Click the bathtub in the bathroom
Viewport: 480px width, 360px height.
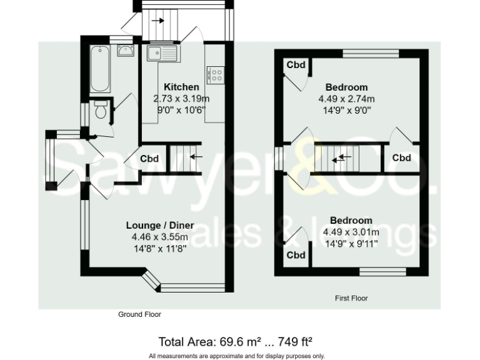click(x=100, y=69)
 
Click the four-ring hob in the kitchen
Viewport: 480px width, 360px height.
click(x=216, y=75)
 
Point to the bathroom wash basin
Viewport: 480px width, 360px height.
click(x=125, y=50)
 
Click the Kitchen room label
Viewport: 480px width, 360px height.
click(x=181, y=87)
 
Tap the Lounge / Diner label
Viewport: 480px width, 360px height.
click(x=159, y=225)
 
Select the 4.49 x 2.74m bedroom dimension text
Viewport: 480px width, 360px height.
click(x=346, y=99)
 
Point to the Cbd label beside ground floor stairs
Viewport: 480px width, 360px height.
click(x=149, y=159)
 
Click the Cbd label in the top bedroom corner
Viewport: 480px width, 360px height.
click(x=296, y=65)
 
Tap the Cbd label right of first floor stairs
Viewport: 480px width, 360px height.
click(x=401, y=158)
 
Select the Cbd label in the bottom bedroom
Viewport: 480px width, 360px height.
click(x=296, y=255)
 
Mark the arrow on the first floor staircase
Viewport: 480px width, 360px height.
click(x=341, y=159)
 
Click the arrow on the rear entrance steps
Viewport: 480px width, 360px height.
click(x=158, y=21)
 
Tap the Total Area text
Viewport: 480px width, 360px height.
click(x=235, y=342)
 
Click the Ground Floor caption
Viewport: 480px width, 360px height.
click(x=139, y=314)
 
